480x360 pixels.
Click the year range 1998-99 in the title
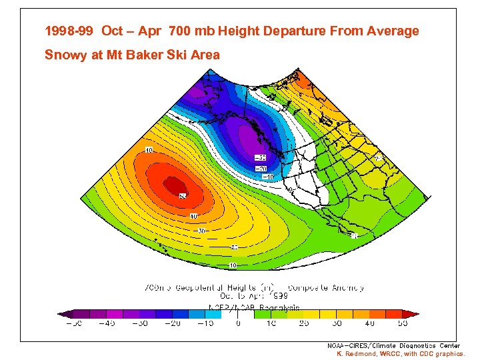69,31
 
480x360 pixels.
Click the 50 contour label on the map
182,196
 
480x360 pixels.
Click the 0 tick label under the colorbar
239,323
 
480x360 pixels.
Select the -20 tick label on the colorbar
172,323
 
